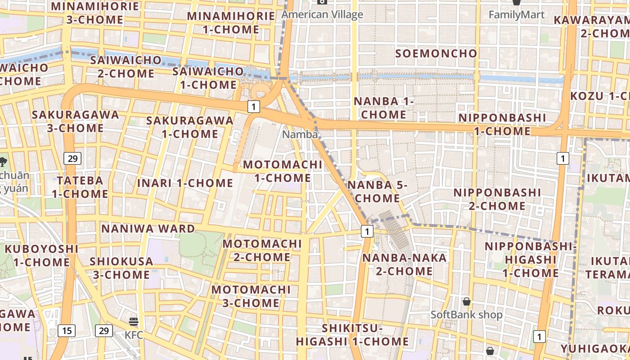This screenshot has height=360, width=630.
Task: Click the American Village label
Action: (x=322, y=14)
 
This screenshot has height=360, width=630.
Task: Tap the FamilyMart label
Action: (x=517, y=14)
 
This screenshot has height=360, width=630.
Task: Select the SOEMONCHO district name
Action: (x=436, y=53)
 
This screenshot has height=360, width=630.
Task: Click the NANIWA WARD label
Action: (x=148, y=228)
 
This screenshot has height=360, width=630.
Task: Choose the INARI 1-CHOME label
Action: (x=185, y=183)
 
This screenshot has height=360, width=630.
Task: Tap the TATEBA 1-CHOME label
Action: (x=80, y=187)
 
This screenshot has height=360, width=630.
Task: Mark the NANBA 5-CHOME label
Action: (x=377, y=191)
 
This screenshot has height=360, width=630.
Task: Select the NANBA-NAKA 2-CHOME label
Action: (x=398, y=264)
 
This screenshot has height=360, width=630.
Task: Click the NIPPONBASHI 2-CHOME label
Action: (x=497, y=199)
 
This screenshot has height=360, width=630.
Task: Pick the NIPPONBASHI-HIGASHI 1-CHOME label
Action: (x=531, y=260)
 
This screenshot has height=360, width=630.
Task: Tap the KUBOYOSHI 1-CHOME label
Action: (x=41, y=255)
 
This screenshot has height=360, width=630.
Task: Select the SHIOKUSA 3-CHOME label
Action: (x=120, y=268)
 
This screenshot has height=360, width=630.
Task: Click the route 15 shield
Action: (x=67, y=331)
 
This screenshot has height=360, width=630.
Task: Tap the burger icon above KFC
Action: (x=134, y=321)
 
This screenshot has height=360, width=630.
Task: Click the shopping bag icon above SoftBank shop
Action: (x=467, y=301)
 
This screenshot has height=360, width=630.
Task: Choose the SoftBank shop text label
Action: (x=467, y=315)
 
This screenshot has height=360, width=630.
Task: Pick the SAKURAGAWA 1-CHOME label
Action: (x=190, y=127)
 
